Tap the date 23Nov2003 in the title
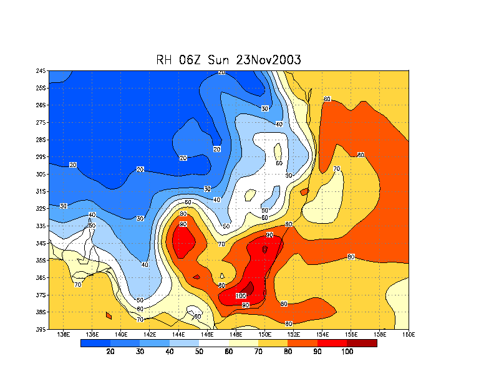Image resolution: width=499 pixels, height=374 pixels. pos(268,60)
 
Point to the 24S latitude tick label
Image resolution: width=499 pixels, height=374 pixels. pos(41,70)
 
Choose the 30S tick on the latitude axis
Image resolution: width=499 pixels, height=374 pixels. pos(41,174)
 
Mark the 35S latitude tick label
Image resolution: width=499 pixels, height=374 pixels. pos(41,260)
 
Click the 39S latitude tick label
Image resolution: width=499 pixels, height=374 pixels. pos(41,329)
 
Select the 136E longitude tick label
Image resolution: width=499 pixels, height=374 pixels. pos(63,335)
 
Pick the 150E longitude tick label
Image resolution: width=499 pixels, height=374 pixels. pos(264,335)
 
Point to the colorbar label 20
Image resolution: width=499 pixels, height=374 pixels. pos(110,352)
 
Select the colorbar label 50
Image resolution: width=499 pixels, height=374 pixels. pos(199,352)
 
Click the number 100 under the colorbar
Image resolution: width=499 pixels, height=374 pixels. pos(347,352)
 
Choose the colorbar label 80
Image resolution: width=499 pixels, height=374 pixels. pos(288,352)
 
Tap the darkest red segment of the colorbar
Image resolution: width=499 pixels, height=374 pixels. pos(362,342)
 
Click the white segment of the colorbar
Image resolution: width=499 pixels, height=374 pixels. pos(214,342)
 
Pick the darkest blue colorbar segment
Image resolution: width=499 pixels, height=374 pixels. pos(95,342)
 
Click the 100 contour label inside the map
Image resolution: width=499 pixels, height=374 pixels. pos(241,295)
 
